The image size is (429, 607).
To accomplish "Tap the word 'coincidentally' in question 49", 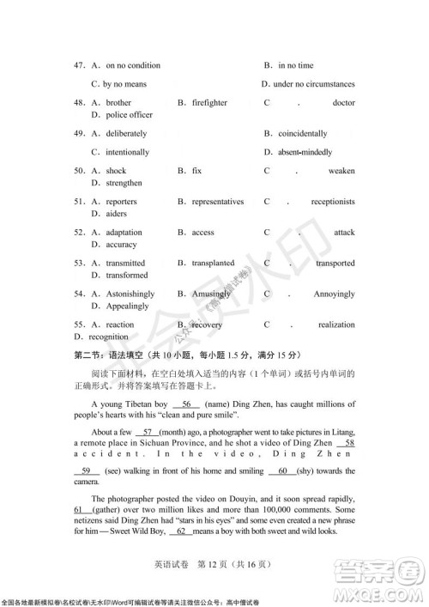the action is click(x=301, y=134).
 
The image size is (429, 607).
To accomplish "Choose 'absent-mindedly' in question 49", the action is click(x=308, y=152).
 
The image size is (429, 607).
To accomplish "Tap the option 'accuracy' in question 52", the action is click(x=121, y=245).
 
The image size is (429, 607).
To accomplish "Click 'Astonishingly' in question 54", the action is click(x=130, y=294).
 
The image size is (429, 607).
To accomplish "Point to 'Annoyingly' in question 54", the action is click(x=334, y=294).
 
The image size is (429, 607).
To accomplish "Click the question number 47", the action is click(x=80, y=65).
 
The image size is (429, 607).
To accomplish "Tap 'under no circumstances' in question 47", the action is click(x=313, y=84).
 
